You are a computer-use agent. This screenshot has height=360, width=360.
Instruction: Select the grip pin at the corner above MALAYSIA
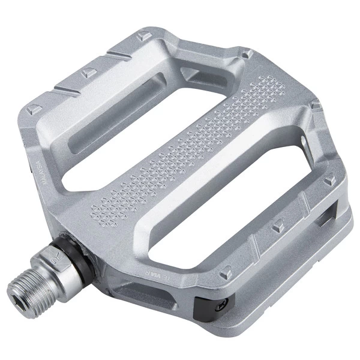(x=35, y=109)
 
